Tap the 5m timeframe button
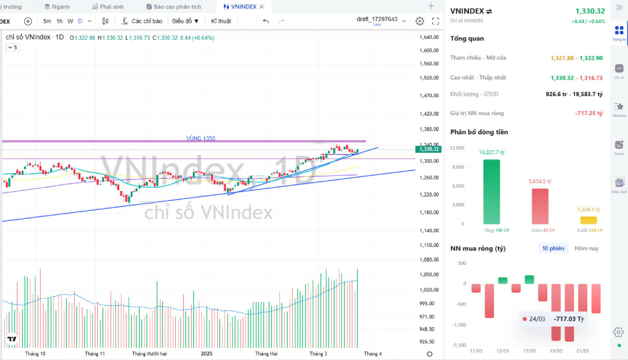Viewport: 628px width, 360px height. pyautogui.click(x=47, y=21)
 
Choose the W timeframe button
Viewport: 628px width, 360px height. pyautogui.click(x=70, y=21)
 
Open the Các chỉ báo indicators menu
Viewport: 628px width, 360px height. pyautogui.click(x=142, y=21)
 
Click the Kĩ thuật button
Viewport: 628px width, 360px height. pyautogui.click(x=221, y=21)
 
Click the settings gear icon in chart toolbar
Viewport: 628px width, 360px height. pyautogui.click(x=420, y=21)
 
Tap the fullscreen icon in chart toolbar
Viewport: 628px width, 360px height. pyautogui.click(x=435, y=21)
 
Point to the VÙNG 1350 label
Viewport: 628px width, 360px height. pyautogui.click(x=201, y=138)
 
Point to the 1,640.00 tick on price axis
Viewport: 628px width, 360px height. pyautogui.click(x=429, y=37)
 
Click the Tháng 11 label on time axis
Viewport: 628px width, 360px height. pyautogui.click(x=95, y=354)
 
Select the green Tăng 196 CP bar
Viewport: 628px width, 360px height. pyautogui.click(x=491, y=192)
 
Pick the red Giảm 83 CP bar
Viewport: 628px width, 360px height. pyautogui.click(x=540, y=206)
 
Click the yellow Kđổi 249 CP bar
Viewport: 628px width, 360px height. pyautogui.click(x=588, y=220)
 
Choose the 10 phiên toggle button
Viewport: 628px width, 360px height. pyautogui.click(x=553, y=248)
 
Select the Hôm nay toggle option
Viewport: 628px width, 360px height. pyautogui.click(x=586, y=248)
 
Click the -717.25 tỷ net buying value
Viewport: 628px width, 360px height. pyautogui.click(x=589, y=113)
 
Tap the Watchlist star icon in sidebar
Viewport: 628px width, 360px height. pyautogui.click(x=619, y=108)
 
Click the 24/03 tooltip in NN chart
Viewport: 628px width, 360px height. pyautogui.click(x=553, y=319)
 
